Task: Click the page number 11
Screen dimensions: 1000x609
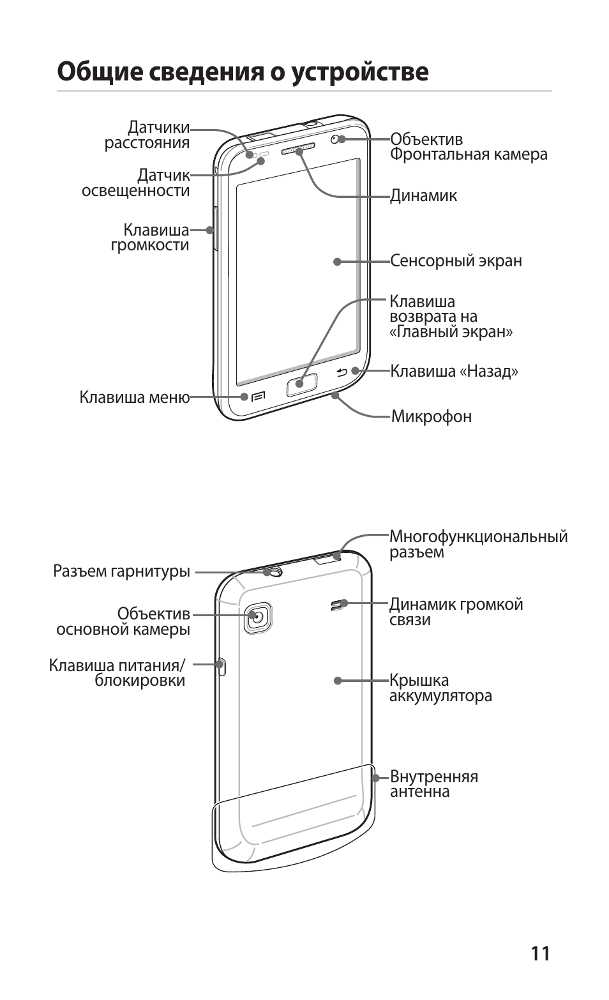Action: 539,953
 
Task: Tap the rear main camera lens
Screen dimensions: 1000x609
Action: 257,617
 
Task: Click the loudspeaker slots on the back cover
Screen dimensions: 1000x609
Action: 336,605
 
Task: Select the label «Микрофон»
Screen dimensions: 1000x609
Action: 432,417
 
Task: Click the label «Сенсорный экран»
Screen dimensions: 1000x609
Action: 456,261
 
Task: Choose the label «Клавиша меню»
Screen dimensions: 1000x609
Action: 135,397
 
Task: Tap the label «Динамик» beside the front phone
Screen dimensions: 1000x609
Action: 424,195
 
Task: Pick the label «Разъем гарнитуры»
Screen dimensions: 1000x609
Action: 121,571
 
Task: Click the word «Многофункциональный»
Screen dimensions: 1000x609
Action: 478,536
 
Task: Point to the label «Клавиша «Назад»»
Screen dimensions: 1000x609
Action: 454,371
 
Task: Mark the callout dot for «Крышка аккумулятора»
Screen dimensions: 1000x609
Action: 338,681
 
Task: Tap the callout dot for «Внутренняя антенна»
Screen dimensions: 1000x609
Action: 376,778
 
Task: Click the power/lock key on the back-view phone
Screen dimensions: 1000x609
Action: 222,665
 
